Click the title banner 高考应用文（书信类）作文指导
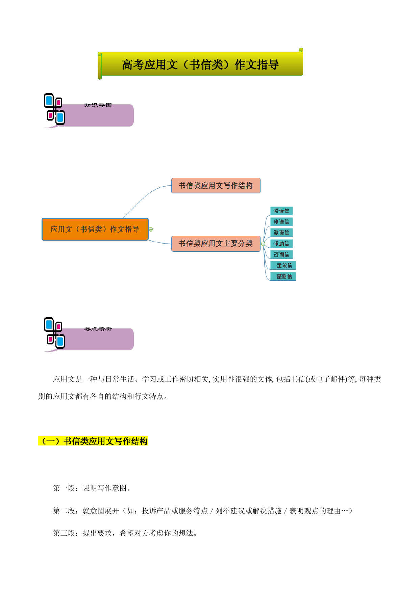[x=200, y=64]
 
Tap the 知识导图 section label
[x=98, y=105]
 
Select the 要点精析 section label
[x=98, y=329]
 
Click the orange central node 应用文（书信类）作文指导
[x=95, y=229]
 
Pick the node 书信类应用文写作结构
[x=216, y=186]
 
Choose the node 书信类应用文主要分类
[x=216, y=244]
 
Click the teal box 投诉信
[x=281, y=211]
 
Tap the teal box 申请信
[x=281, y=222]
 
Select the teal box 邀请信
[x=281, y=233]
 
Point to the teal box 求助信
[x=281, y=244]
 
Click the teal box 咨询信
[x=281, y=254]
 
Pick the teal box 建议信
[x=283, y=265]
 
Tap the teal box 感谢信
[x=283, y=276]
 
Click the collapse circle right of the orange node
[x=151, y=230]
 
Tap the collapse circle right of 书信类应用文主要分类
[x=263, y=244]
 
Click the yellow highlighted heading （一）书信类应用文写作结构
[x=93, y=441]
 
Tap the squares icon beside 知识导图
[x=54, y=109]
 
